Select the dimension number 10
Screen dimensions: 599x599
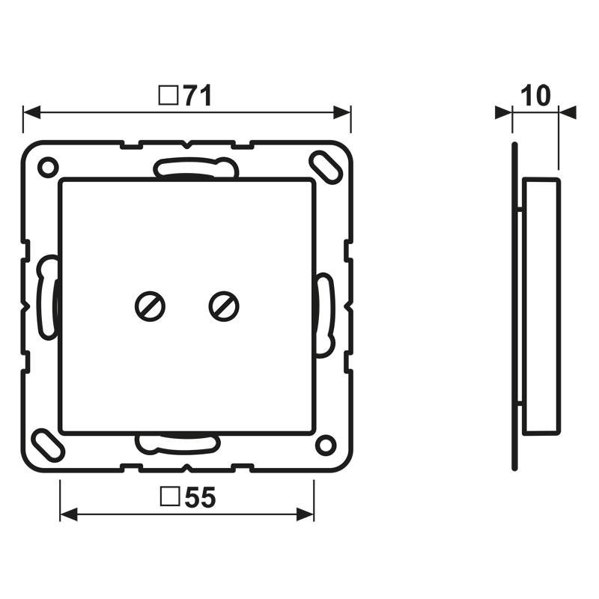click(535, 95)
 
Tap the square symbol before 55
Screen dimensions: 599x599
click(170, 497)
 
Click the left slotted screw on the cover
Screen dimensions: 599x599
click(150, 306)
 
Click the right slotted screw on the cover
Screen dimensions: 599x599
click(223, 306)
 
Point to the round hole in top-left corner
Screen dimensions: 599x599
click(47, 165)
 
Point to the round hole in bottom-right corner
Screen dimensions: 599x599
click(325, 445)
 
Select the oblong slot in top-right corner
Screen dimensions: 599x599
click(324, 165)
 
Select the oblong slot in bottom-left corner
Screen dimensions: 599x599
click(48, 445)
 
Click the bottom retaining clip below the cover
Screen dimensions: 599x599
click(177, 443)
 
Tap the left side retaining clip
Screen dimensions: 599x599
click(47, 297)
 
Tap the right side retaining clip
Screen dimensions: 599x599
click(324, 314)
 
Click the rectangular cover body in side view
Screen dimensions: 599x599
click(541, 306)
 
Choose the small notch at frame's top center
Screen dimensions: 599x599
click(187, 143)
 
